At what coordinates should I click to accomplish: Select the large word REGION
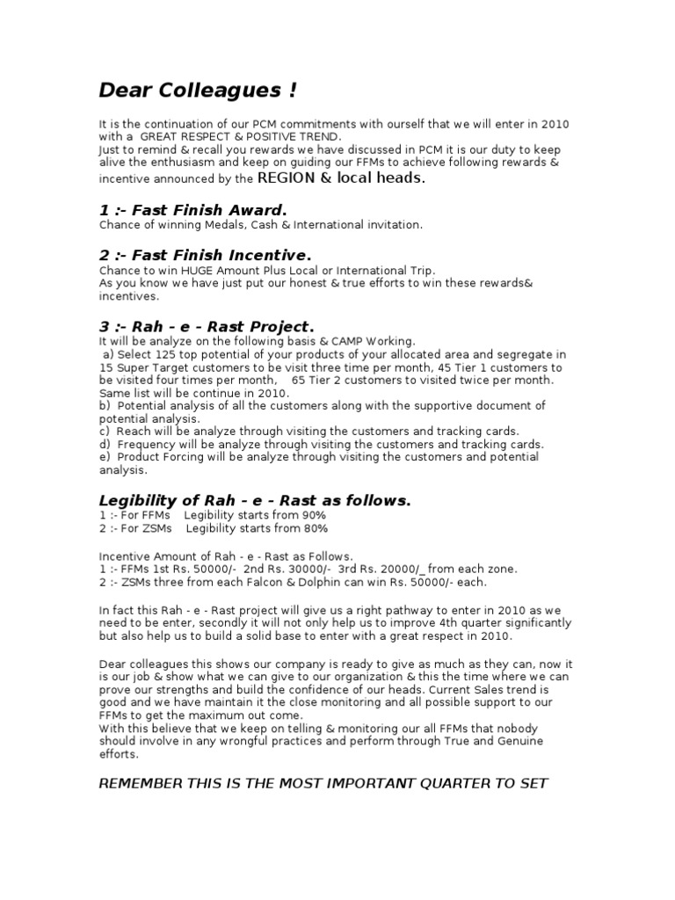(286, 178)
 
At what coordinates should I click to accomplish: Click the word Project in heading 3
(273, 327)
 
